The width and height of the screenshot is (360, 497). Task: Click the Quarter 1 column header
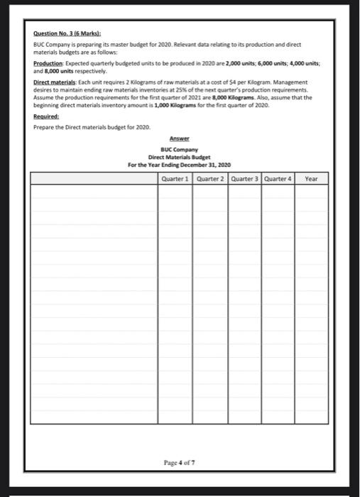(175, 178)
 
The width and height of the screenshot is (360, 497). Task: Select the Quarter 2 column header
(209, 178)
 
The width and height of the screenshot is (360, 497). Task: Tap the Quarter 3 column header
(243, 178)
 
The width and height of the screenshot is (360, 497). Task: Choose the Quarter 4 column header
(277, 178)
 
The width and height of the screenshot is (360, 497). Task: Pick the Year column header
(311, 178)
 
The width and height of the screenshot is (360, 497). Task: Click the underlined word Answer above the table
(180, 138)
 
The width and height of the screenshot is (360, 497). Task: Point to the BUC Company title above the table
(180, 148)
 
